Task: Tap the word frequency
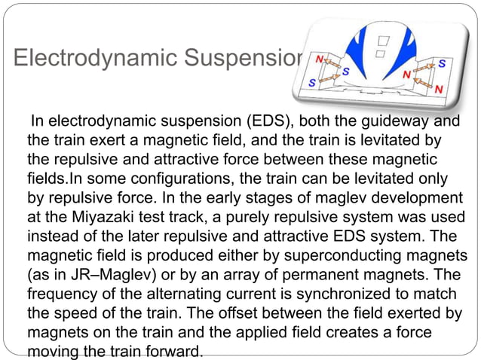(63, 290)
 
